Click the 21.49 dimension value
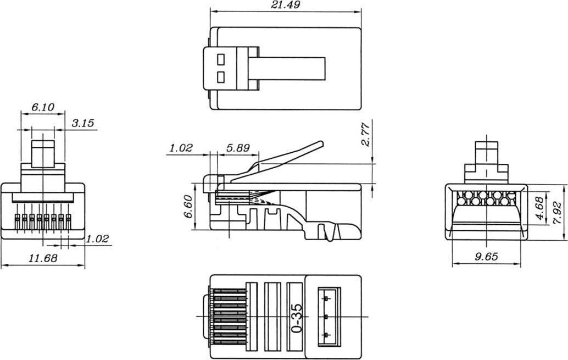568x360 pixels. click(x=286, y=5)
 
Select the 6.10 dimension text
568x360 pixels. click(x=43, y=107)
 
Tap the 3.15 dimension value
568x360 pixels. click(x=83, y=123)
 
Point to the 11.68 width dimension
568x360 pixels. click(x=43, y=258)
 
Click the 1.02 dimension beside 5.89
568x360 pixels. click(x=181, y=148)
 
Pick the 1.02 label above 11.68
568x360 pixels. click(x=97, y=239)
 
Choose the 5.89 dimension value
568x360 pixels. click(x=238, y=148)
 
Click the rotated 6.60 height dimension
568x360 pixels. click(x=188, y=207)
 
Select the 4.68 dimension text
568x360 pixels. click(x=539, y=208)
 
